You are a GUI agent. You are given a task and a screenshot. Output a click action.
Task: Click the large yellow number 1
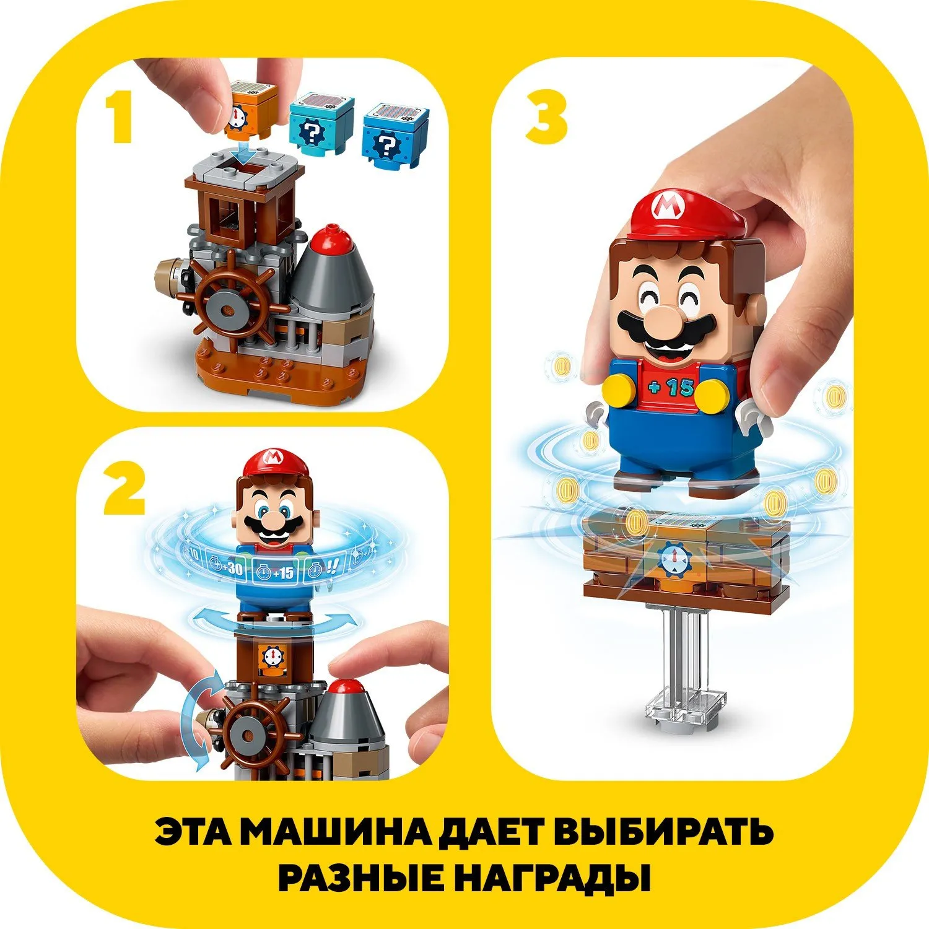tap(120, 118)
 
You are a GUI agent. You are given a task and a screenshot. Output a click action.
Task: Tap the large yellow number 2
tap(124, 490)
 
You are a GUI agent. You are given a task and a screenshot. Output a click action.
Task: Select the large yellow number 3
tap(546, 118)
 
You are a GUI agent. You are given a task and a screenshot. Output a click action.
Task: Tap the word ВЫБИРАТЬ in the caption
tap(664, 832)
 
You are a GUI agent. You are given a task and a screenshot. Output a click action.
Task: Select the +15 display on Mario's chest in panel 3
tap(671, 388)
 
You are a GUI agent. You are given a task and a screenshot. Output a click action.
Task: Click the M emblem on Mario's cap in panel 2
tap(272, 458)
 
